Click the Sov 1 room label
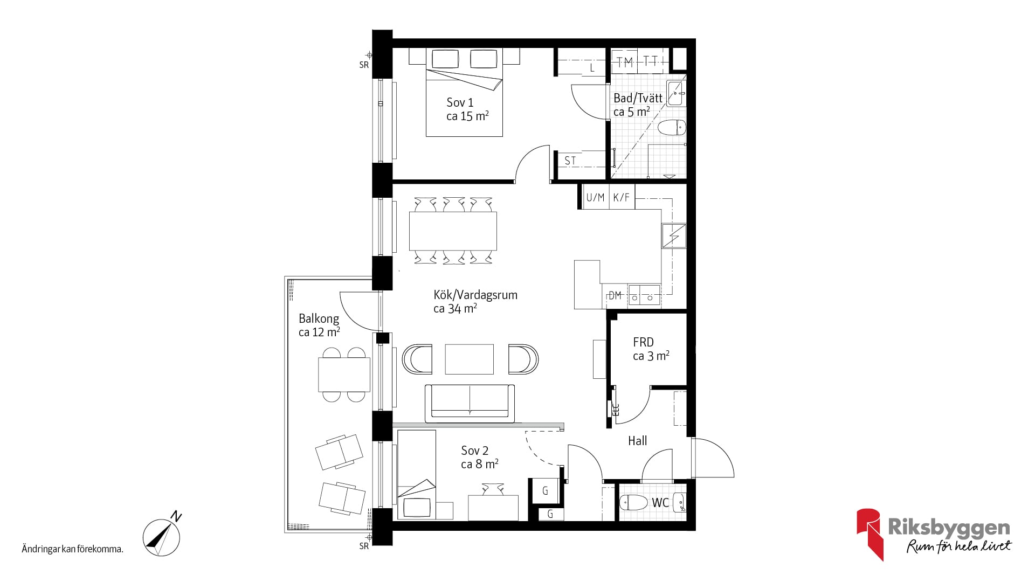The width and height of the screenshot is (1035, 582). coord(460,102)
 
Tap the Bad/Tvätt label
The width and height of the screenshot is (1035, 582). coord(638,98)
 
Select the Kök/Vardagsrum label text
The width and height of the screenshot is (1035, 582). coord(475,295)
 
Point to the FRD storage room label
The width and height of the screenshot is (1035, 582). coord(643,342)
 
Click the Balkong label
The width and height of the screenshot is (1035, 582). coord(319,318)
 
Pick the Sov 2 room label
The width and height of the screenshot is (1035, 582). coord(474,451)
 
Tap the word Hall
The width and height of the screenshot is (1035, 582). coord(637,441)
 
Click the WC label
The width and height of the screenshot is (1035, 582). coord(660,503)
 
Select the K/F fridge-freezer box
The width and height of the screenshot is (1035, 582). coord(622,197)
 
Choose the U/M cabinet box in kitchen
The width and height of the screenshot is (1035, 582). coord(596,197)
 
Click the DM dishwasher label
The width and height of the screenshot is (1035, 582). coord(615,295)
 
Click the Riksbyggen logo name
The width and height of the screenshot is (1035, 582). coord(949,528)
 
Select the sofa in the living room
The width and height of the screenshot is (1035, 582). coord(470,403)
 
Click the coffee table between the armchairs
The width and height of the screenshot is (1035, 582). coord(469,359)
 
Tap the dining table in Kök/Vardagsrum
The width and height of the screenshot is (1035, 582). coord(453,231)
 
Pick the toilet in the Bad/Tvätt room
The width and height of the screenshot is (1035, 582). coord(672,128)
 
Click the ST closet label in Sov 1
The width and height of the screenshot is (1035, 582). coord(570,161)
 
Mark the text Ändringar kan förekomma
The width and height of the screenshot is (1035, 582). coord(73,550)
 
